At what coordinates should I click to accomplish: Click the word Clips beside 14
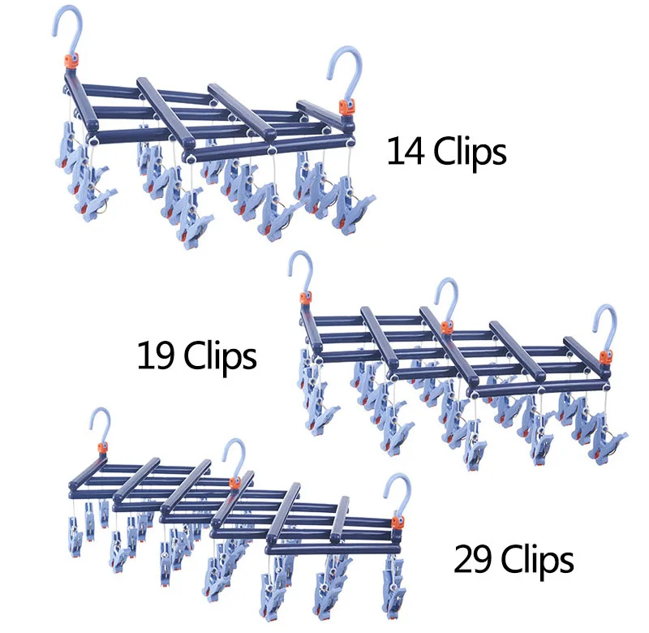click(470, 152)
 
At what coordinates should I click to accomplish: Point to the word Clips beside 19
click(220, 355)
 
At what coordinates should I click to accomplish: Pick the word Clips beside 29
click(536, 560)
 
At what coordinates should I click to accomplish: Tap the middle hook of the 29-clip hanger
click(236, 454)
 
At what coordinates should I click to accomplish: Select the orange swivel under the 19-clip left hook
click(306, 299)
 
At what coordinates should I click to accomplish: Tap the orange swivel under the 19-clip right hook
click(604, 356)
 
